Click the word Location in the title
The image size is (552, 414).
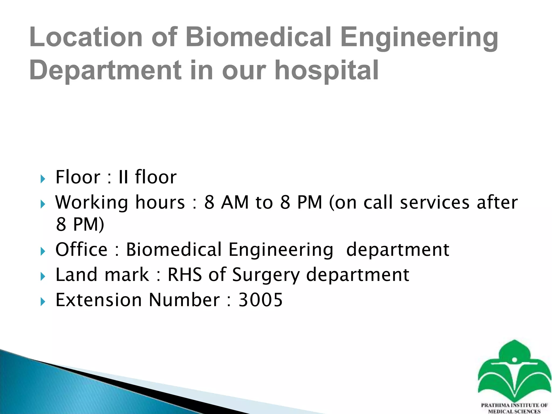click(86, 37)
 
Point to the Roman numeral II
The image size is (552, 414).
click(123, 177)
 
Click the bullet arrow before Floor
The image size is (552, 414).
click(43, 178)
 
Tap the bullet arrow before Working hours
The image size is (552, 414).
click(43, 204)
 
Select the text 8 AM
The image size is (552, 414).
click(226, 202)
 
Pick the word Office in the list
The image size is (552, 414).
click(81, 250)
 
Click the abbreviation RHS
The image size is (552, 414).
click(185, 275)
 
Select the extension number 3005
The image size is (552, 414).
click(261, 300)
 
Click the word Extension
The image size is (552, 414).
click(98, 300)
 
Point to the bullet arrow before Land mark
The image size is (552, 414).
click(43, 276)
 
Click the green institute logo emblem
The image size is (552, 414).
click(514, 372)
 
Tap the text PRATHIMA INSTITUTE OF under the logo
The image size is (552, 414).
click(514, 405)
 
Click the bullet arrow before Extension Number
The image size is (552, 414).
click(43, 302)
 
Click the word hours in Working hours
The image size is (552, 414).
click(160, 202)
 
